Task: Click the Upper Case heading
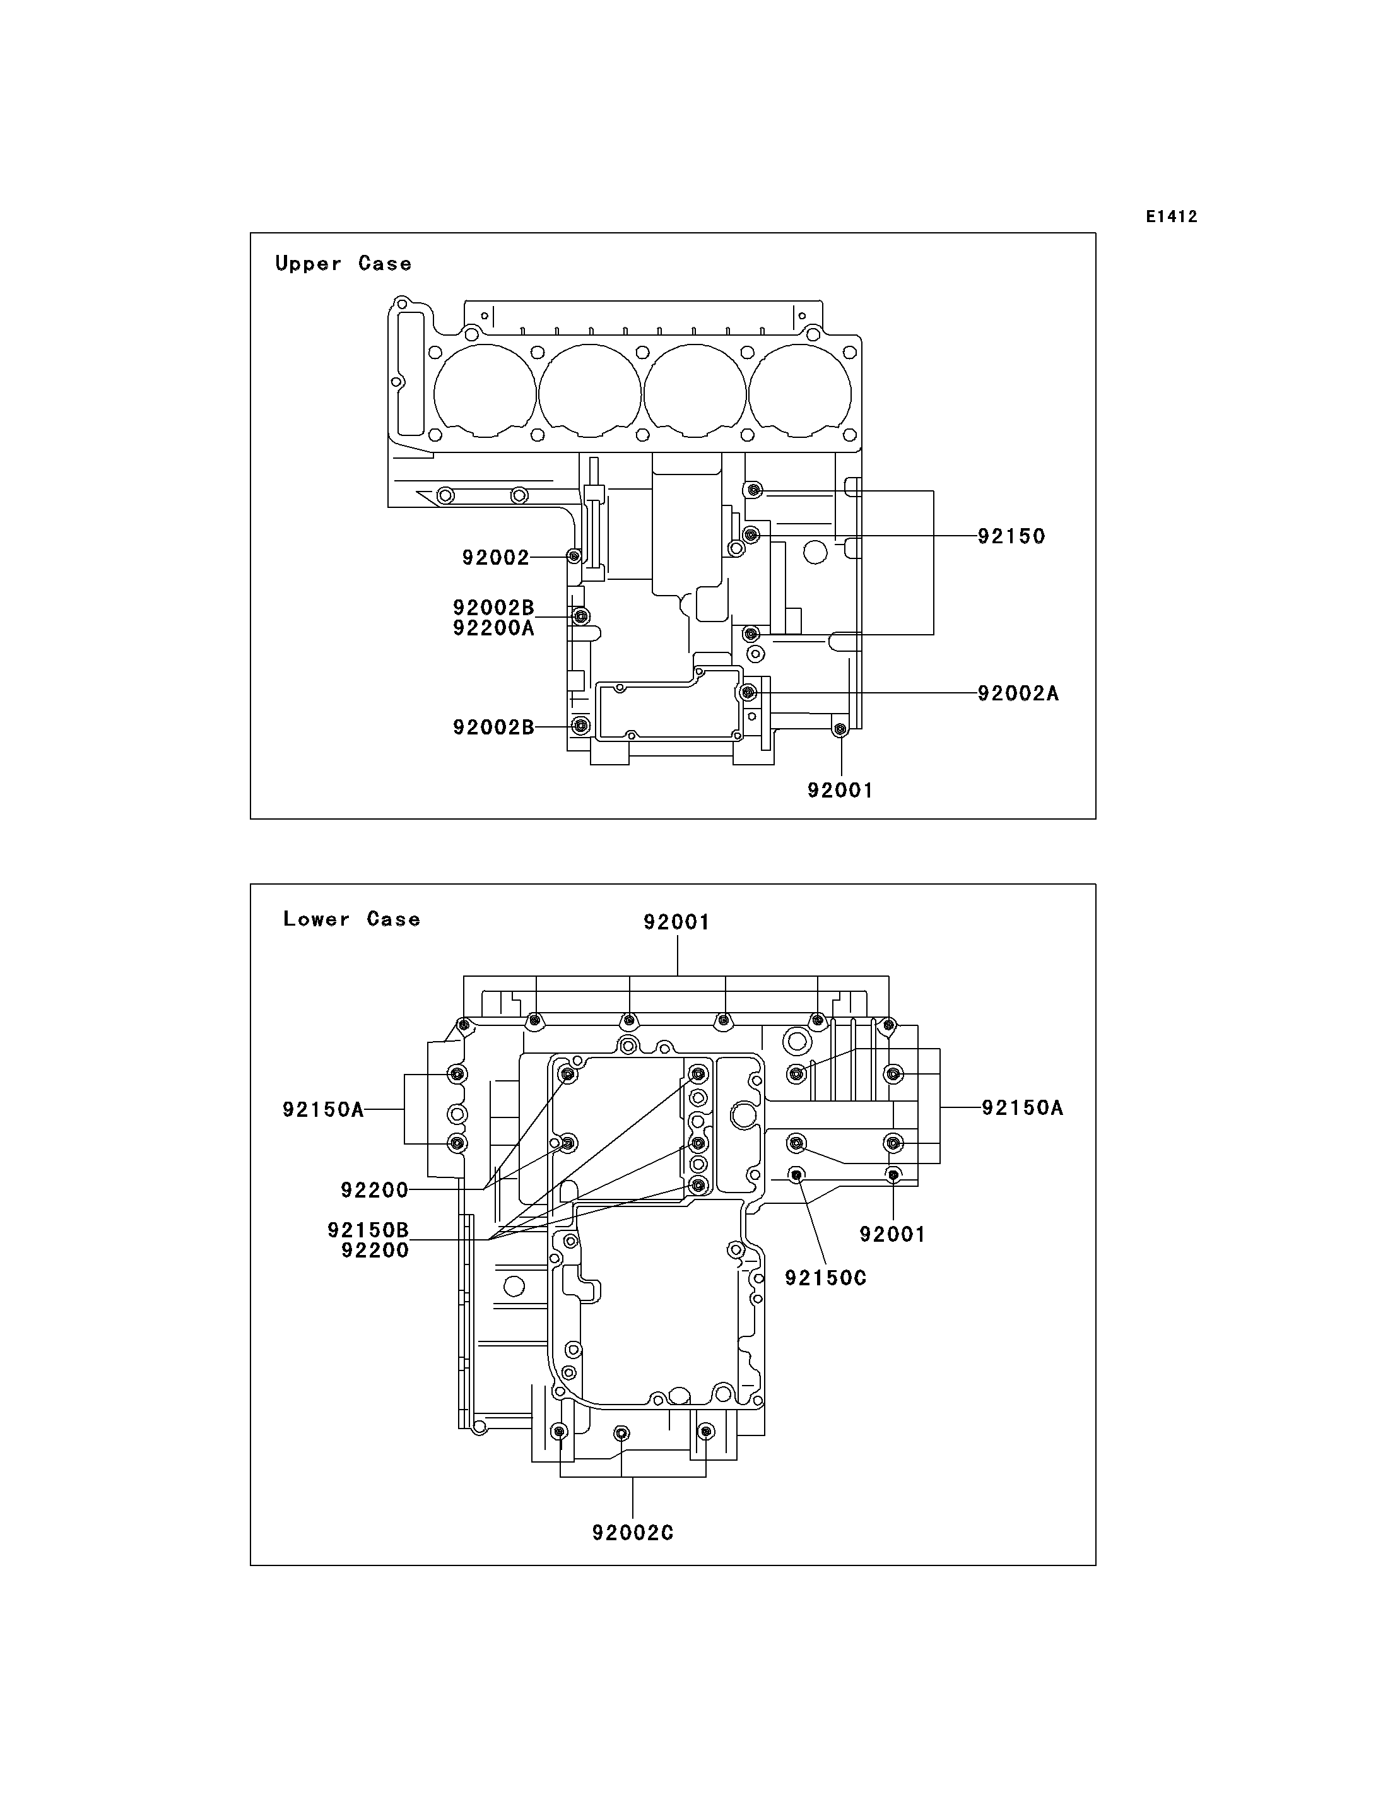tap(343, 264)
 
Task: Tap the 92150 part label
tap(1012, 536)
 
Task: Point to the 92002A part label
tap(1018, 693)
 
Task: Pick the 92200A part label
tap(494, 628)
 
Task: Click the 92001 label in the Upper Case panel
tap(840, 791)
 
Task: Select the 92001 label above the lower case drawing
tap(677, 922)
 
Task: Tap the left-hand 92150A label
tap(324, 1110)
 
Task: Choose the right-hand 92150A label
tap(1023, 1108)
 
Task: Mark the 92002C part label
tap(633, 1533)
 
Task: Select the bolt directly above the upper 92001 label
tap(840, 729)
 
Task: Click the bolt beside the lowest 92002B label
tap(581, 726)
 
